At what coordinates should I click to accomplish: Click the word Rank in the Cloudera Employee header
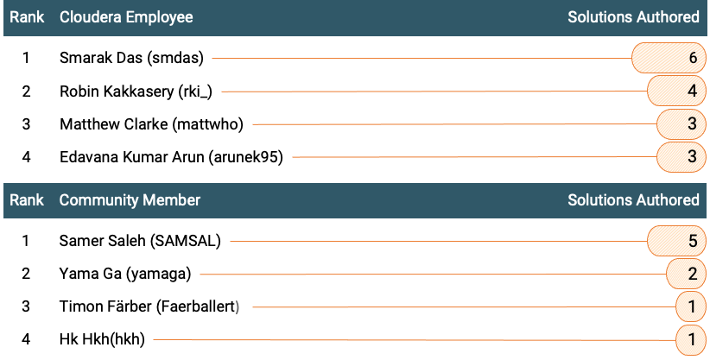(27, 17)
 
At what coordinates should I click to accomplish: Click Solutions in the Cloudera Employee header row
(599, 17)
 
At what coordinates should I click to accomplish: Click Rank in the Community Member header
(27, 200)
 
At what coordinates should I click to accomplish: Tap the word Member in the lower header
(172, 200)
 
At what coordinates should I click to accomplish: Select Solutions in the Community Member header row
(599, 200)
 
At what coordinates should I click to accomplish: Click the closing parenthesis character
(237, 307)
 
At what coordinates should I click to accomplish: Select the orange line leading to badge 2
(372, 275)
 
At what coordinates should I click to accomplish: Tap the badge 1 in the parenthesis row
(691, 307)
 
